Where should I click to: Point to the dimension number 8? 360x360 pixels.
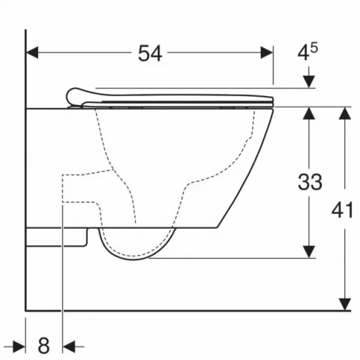pyautogui.click(x=43, y=346)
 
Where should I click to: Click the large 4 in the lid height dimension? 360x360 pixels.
pyautogui.click(x=303, y=54)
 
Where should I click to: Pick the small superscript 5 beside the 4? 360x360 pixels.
pyautogui.click(x=313, y=48)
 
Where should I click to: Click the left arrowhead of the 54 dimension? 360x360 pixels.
pyautogui.click(x=31, y=52)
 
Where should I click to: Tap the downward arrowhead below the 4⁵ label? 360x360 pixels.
pyautogui.click(x=308, y=82)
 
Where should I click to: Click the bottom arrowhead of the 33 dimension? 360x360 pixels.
pyautogui.click(x=308, y=253)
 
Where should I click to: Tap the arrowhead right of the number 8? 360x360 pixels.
pyautogui.click(x=70, y=346)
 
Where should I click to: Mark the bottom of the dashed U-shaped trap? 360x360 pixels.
pyautogui.click(x=139, y=257)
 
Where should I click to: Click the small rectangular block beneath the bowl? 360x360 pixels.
pyautogui.click(x=58, y=236)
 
